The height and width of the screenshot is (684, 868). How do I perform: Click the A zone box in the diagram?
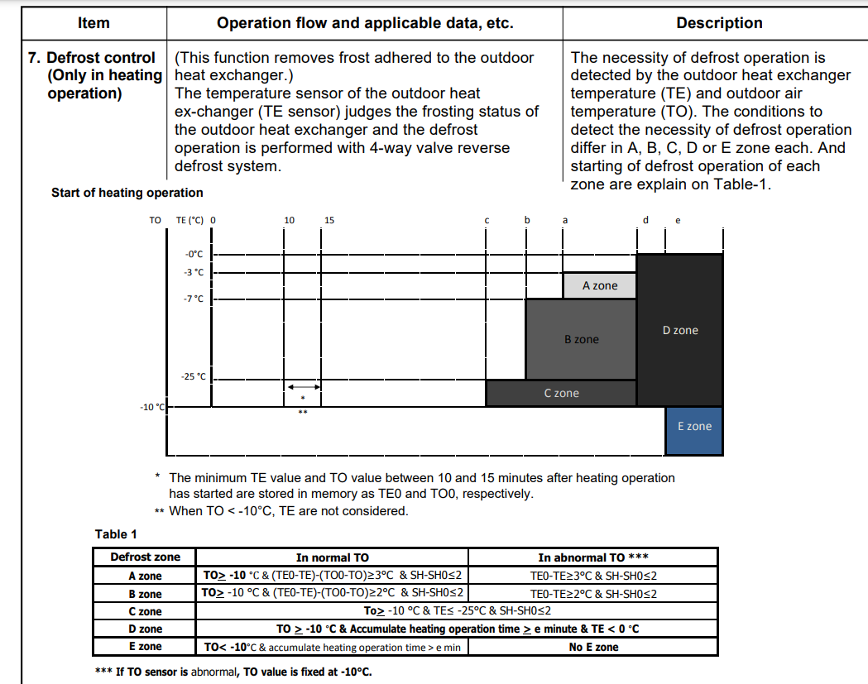(x=599, y=285)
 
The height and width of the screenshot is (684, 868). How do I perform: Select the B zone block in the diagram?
(x=581, y=339)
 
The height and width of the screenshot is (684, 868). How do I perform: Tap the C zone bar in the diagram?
(x=561, y=393)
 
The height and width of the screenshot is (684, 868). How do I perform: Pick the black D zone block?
(x=680, y=330)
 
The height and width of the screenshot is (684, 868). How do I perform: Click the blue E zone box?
(x=693, y=427)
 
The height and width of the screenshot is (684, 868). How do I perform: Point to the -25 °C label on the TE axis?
(x=194, y=376)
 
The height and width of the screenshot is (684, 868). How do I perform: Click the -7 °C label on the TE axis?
(x=194, y=298)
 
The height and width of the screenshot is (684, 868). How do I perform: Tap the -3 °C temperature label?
(x=194, y=271)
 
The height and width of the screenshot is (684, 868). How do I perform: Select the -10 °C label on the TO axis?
(x=152, y=407)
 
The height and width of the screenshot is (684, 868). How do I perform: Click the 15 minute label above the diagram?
(x=329, y=220)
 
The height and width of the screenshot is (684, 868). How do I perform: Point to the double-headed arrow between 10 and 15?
(x=304, y=387)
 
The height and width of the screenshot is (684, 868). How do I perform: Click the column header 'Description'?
(x=719, y=23)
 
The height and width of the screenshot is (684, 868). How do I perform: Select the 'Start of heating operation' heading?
(x=127, y=193)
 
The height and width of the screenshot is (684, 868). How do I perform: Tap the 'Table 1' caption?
(x=117, y=534)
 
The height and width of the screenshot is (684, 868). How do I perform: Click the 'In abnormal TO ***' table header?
(x=593, y=557)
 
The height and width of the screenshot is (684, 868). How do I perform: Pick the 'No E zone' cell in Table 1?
(x=593, y=647)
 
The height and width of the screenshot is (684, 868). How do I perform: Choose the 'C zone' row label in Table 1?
(x=145, y=611)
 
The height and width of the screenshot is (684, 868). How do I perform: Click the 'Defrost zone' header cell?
(x=145, y=557)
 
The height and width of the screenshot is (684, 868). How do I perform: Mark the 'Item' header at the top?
(x=94, y=23)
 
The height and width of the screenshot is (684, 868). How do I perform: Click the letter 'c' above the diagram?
(x=487, y=220)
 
